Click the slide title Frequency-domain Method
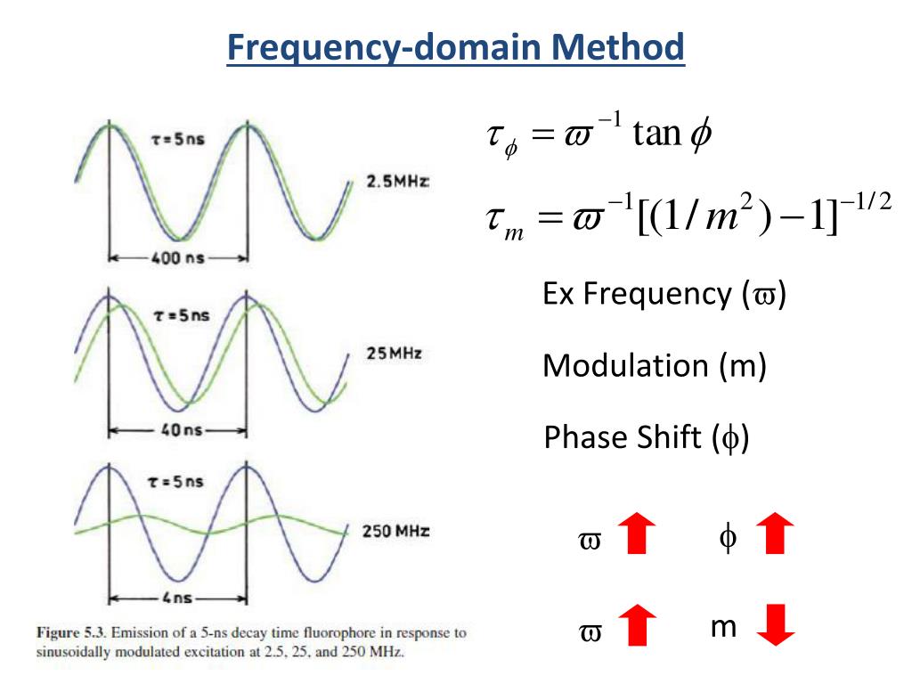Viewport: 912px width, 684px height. [x=456, y=47]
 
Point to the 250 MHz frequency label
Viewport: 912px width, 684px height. [x=396, y=532]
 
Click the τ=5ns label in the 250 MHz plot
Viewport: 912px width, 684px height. [x=175, y=482]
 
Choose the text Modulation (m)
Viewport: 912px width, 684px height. [x=655, y=365]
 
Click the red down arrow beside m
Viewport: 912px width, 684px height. [x=775, y=624]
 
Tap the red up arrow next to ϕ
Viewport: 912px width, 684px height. [x=774, y=533]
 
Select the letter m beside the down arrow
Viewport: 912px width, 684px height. [x=723, y=628]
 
